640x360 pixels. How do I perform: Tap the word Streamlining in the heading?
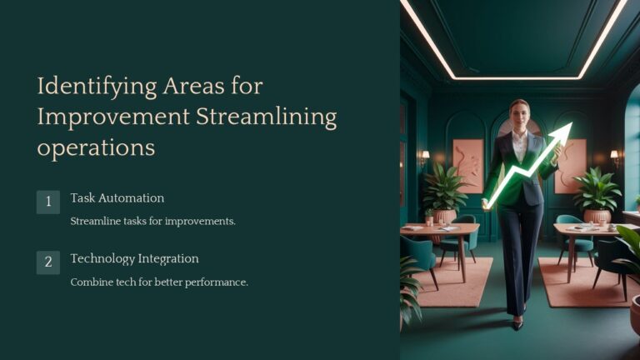click(266, 117)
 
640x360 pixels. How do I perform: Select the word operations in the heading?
click(96, 147)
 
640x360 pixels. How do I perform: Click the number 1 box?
click(48, 202)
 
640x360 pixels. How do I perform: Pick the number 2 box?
click(48, 262)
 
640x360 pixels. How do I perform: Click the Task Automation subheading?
click(117, 198)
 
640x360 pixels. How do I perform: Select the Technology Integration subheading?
click(134, 259)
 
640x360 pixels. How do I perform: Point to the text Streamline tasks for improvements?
click(153, 221)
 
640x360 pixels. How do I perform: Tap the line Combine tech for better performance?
click(159, 282)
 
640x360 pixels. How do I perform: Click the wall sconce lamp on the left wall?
click(425, 156)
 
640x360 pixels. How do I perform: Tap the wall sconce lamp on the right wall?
click(615, 155)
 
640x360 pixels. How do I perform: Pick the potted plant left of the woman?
click(444, 190)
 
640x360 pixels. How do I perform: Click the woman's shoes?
click(517, 322)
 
